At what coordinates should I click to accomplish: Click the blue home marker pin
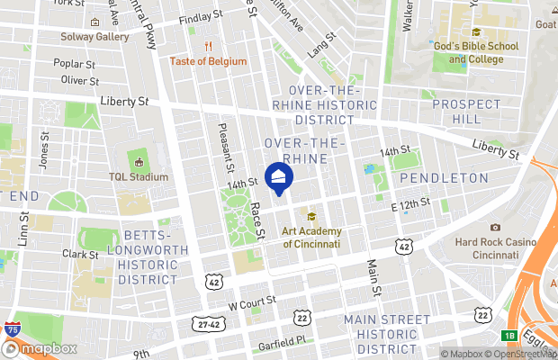[279, 177]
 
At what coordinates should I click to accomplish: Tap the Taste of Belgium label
[208, 61]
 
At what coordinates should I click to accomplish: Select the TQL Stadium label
[139, 176]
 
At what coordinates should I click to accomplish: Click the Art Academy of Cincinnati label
[311, 237]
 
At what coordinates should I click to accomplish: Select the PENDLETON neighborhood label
[444, 178]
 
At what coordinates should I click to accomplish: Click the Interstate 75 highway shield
[13, 330]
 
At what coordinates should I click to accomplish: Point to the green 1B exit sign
[509, 336]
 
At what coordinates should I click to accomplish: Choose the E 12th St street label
[412, 206]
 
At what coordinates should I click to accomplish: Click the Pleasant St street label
[226, 148]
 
